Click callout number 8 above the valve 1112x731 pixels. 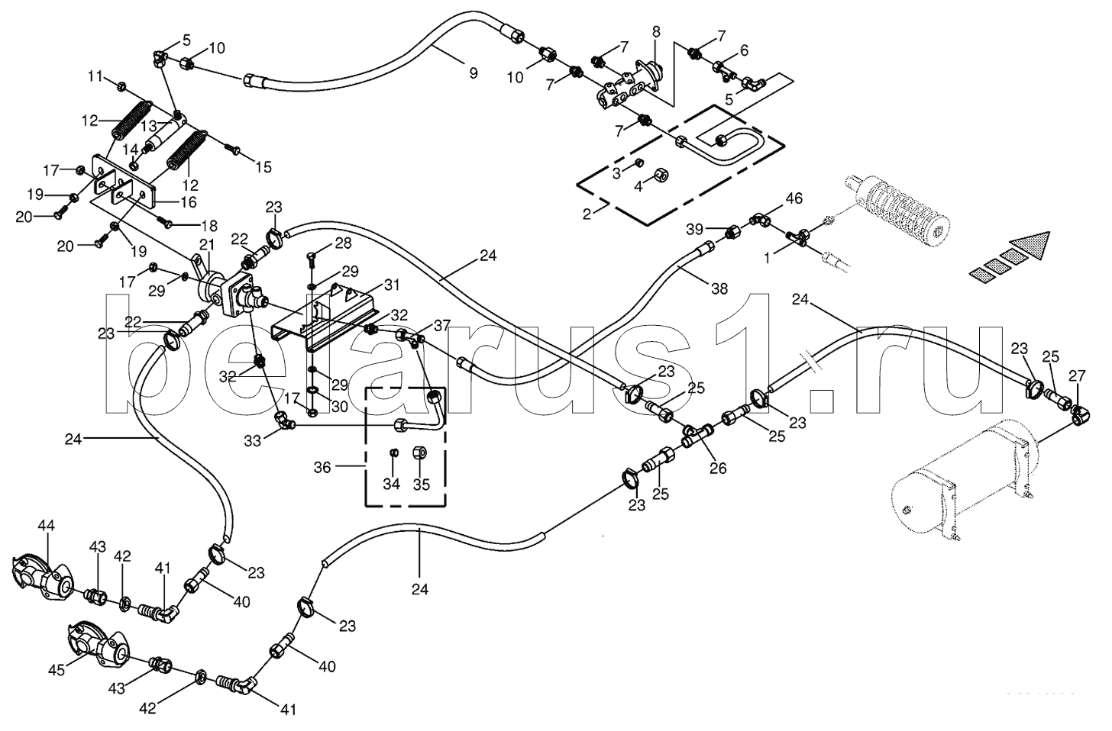click(655, 31)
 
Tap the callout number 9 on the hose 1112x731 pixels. click(473, 73)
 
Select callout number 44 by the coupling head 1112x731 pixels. click(47, 525)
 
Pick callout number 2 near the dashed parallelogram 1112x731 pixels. click(587, 214)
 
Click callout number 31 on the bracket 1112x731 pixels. click(392, 285)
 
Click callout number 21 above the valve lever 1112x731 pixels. click(206, 244)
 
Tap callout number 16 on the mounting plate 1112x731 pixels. click(188, 202)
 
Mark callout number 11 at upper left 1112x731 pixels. click(95, 76)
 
